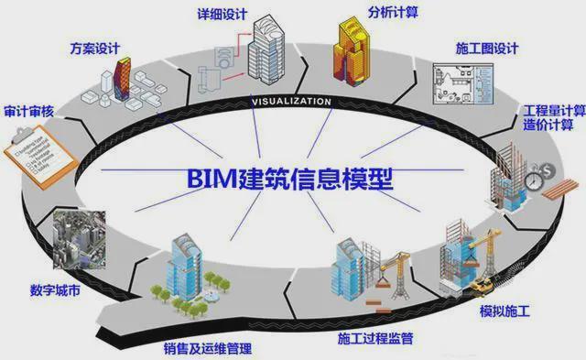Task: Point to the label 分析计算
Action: point(395,14)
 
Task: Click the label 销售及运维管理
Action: point(208,348)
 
